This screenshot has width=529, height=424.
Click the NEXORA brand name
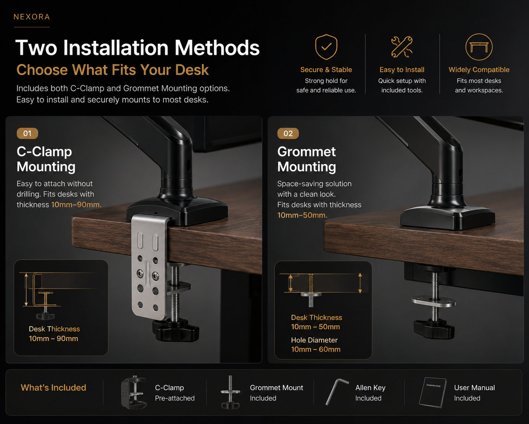pos(32,17)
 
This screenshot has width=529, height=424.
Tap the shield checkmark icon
pos(326,47)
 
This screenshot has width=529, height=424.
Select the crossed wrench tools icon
pos(402,47)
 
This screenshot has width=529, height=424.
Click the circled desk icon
pos(479,47)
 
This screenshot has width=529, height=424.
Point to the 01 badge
pos(27,133)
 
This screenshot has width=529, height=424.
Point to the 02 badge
pos(288,133)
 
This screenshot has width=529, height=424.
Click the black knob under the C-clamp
pos(176,330)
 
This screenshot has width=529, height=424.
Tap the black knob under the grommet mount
pos(434,328)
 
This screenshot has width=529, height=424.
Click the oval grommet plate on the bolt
pos(434,302)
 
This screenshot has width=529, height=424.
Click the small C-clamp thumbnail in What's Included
pos(134,392)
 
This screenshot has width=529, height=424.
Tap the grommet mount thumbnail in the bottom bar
pos(230,392)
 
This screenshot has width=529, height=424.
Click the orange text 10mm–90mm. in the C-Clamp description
pos(76,204)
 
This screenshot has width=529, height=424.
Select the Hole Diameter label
pos(314,340)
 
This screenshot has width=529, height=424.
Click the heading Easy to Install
pos(402,70)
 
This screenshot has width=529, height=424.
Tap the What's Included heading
pos(53,388)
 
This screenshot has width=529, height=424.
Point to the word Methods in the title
pos(217,48)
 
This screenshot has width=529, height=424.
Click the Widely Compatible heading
pos(479,70)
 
